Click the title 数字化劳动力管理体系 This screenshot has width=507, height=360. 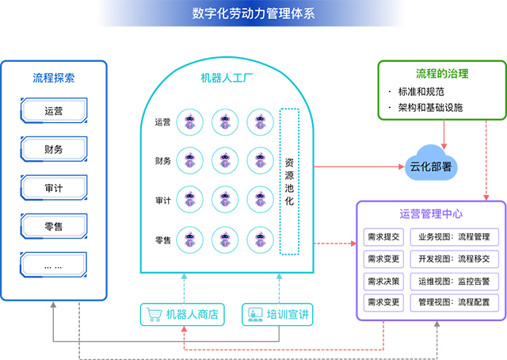pos(253,13)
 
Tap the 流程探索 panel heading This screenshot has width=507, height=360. pos(54,78)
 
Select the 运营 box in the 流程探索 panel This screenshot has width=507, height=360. pos(54,110)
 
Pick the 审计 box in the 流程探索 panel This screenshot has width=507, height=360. pos(54,188)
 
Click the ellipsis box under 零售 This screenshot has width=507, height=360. pos(54,266)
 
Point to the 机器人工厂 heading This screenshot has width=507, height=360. pos(227,78)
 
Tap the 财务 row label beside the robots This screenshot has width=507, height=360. pos(163,161)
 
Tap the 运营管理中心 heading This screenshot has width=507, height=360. pos(431,214)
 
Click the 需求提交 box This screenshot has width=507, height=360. pos(384,237)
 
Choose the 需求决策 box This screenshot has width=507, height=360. pos(384,281)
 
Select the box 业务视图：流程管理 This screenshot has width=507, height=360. pos(454,237)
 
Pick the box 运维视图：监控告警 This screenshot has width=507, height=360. pos(454,281)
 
